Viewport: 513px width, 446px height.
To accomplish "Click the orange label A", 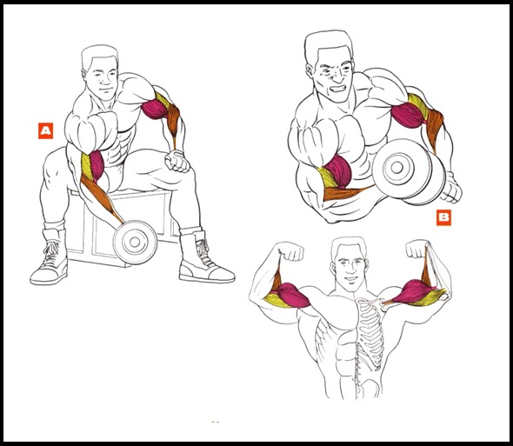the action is (45, 131).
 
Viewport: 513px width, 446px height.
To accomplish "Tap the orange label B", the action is (443, 218).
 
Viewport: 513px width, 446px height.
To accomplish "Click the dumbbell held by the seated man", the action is (135, 242).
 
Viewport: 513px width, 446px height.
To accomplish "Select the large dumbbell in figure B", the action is (409, 172).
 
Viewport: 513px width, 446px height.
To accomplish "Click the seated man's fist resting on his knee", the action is (177, 162).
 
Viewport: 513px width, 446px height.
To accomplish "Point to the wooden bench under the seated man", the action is (121, 226).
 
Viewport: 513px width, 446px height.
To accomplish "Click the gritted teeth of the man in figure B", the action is (338, 89).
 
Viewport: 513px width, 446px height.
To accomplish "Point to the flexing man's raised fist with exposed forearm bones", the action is (416, 249).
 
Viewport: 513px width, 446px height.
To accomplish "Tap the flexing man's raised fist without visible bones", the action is (291, 251).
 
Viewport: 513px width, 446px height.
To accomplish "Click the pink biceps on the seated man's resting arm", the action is (155, 110).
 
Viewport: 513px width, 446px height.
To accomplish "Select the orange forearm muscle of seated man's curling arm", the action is (100, 196).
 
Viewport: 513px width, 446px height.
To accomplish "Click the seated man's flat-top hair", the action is (99, 55).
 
